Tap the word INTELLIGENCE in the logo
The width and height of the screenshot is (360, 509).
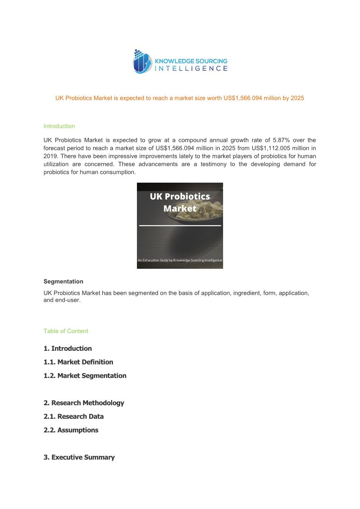tap(191, 68)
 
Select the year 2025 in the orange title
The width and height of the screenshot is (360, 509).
tap(297, 98)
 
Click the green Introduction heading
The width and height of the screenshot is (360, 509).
tap(59, 126)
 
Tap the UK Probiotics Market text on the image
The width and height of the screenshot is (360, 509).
tap(180, 202)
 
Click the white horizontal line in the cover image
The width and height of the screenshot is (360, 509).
tap(180, 225)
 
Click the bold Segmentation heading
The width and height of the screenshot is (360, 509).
tap(63, 281)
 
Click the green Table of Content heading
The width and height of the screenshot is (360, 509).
tap(66, 331)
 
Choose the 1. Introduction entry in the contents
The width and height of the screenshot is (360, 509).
tap(68, 349)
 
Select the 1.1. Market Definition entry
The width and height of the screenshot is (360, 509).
tap(78, 362)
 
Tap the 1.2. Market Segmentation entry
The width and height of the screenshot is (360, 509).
tap(85, 376)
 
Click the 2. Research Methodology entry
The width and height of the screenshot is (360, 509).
tap(83, 403)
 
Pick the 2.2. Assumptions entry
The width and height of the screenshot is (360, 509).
tap(71, 430)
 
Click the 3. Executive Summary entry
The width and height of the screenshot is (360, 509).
tap(79, 457)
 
